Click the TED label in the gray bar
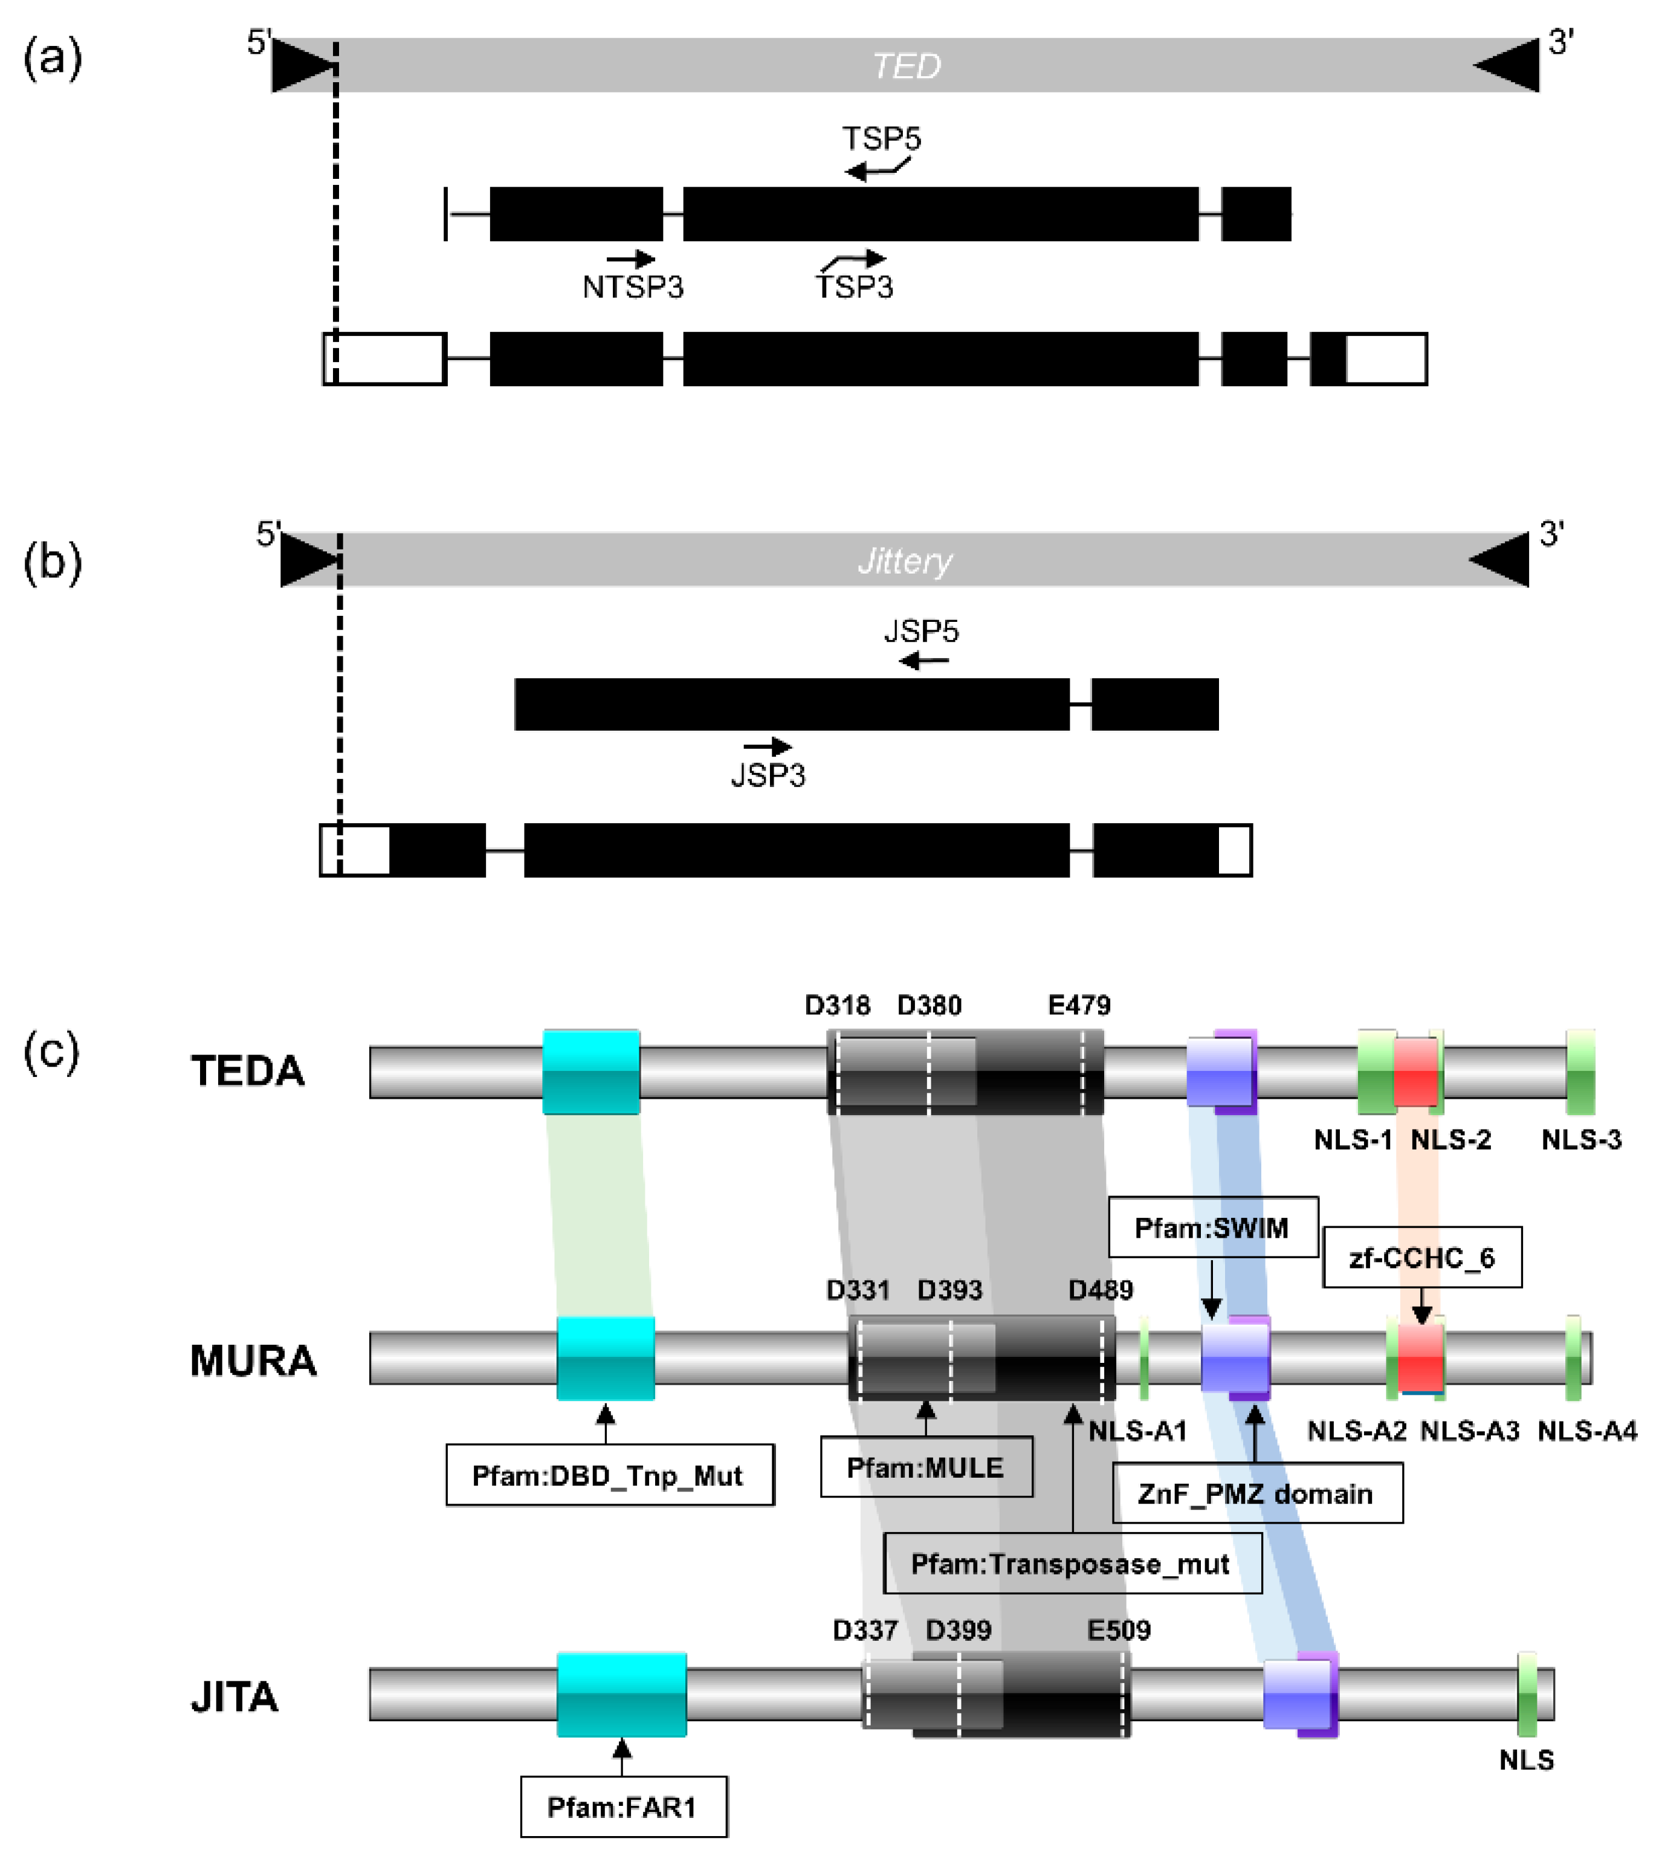906,66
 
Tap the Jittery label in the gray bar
904,560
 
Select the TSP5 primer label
881,139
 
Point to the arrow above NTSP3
631,259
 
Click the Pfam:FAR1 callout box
624,1806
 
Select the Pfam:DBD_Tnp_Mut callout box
609,1475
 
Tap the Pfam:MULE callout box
926,1467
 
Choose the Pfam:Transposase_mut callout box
1072,1564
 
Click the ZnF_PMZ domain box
1256,1493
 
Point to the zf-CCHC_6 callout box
1422,1258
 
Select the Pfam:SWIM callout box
1213,1227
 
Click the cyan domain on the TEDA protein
591,1072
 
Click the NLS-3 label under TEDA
1581,1140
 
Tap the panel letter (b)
52,561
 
